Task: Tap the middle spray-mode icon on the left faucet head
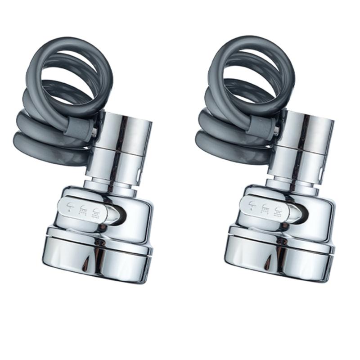coord(83,210)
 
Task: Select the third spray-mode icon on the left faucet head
coord(95,211)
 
